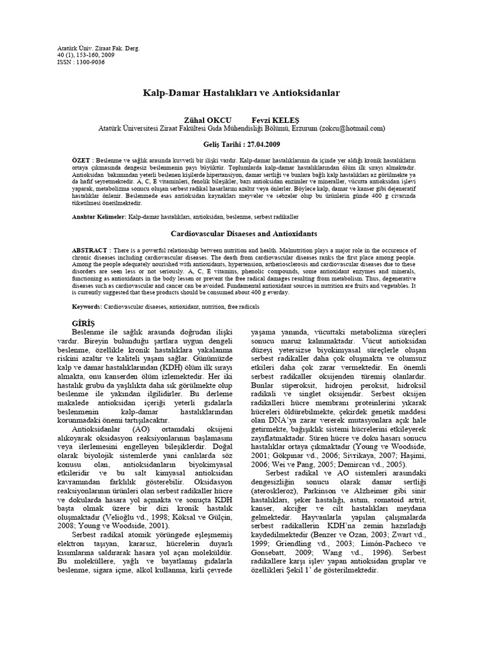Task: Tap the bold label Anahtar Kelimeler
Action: pyautogui.click(x=99, y=216)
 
